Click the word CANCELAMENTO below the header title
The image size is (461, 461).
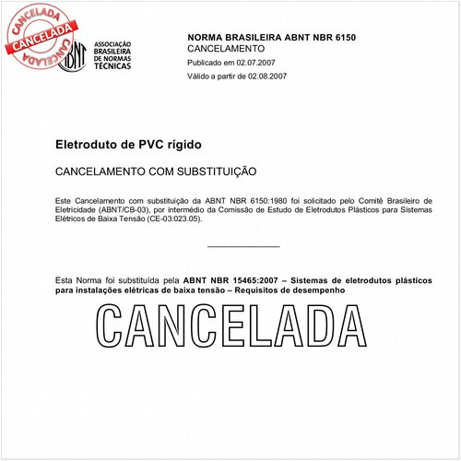(226, 48)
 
